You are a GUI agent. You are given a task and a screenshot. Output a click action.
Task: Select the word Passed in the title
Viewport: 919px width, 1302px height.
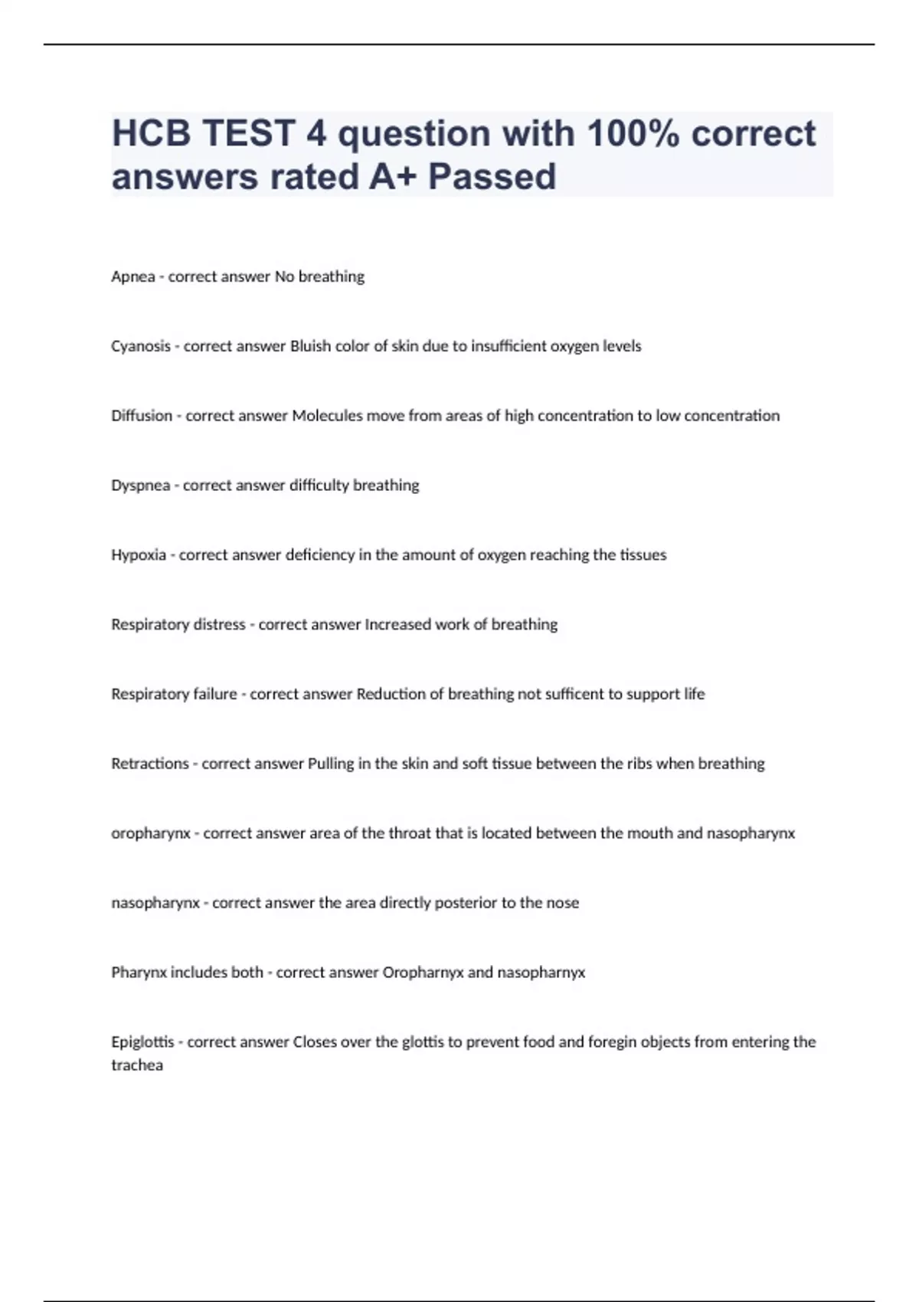click(x=492, y=177)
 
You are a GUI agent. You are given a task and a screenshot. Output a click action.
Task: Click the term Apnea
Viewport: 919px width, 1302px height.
click(x=133, y=276)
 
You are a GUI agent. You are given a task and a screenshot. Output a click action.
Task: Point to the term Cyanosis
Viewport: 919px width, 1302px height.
click(x=141, y=346)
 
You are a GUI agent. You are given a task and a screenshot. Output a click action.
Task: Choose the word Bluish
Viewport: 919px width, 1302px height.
click(x=309, y=346)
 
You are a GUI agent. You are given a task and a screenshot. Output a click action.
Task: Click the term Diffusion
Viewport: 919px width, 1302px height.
click(x=142, y=416)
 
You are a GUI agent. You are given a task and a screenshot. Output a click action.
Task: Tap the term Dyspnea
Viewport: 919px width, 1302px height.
click(x=141, y=486)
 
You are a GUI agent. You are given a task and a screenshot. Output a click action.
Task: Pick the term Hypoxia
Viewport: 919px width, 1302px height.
click(x=139, y=555)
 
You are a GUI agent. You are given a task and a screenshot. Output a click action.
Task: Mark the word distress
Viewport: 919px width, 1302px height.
click(x=220, y=625)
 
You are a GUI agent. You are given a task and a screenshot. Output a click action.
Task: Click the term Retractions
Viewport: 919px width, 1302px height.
click(x=150, y=764)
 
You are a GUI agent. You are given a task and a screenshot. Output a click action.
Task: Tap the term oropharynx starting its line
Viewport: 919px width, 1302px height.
click(x=151, y=833)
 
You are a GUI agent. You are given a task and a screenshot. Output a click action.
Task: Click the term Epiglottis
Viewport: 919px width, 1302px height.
click(x=142, y=1042)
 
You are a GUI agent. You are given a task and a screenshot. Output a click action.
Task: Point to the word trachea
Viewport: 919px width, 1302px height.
click(x=137, y=1065)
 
